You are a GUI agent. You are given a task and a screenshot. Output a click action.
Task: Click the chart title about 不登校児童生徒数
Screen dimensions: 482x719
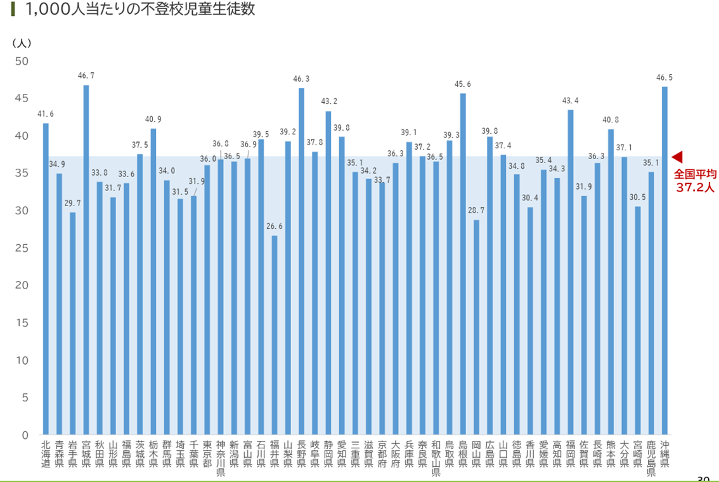pos(139,11)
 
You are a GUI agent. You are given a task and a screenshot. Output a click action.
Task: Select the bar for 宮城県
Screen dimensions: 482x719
pos(86,260)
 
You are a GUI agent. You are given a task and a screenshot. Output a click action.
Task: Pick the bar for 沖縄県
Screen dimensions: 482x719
pos(664,260)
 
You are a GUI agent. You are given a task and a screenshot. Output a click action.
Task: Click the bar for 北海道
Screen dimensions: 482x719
pos(46,279)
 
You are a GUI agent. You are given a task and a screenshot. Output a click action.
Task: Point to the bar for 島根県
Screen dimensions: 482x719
pos(463,264)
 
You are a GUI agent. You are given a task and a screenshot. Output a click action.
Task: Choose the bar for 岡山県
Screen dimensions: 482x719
pos(476,327)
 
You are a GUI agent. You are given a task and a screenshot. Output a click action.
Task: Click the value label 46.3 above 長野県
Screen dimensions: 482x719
pos(301,79)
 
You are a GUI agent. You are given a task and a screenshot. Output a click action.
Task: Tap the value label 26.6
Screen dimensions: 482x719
pos(274,227)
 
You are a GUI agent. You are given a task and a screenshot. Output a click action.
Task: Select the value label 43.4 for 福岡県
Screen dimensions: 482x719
pos(570,101)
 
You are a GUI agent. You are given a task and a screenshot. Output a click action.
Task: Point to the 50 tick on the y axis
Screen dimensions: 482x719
pos(22,61)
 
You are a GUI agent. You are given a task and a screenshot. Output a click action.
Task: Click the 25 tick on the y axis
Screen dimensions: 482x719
pos(22,248)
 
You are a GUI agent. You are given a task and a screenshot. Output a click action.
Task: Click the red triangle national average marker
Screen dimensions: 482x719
pos(677,156)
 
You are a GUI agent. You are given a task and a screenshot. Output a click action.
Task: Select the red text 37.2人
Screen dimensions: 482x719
pos(695,188)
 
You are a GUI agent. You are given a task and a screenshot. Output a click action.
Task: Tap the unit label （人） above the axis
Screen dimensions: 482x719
pos(22,43)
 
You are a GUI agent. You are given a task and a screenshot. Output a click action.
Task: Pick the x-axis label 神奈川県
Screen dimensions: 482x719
pos(221,457)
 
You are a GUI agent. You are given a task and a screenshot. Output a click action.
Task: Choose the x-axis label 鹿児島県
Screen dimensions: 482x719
pos(651,457)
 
